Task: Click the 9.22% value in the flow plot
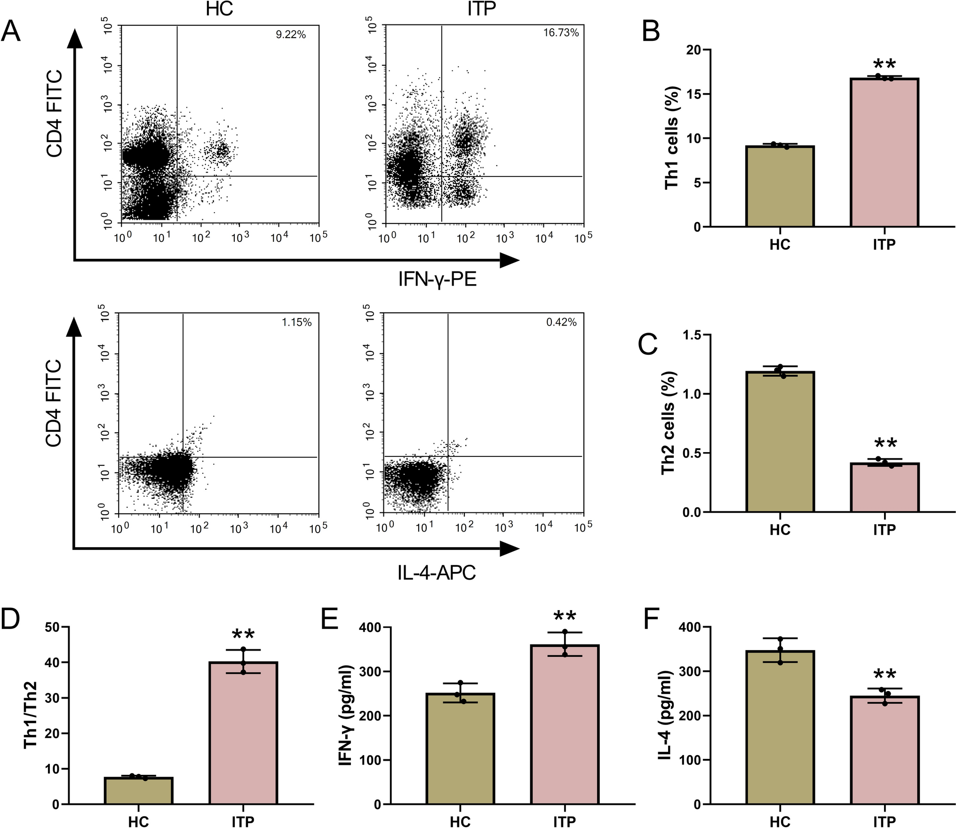tap(291, 34)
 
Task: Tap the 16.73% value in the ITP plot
tap(561, 32)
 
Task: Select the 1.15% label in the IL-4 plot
tap(296, 322)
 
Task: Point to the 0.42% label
tap(561, 322)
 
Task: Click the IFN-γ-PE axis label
tap(437, 279)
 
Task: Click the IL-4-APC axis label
tap(437, 573)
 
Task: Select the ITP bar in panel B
tap(884, 152)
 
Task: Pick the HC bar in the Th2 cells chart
tap(780, 442)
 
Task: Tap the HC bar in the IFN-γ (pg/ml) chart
tap(460, 748)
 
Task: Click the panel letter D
tap(10, 619)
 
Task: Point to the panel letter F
tap(652, 619)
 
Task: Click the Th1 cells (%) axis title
tap(672, 138)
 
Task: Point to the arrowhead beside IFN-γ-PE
tap(509, 260)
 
